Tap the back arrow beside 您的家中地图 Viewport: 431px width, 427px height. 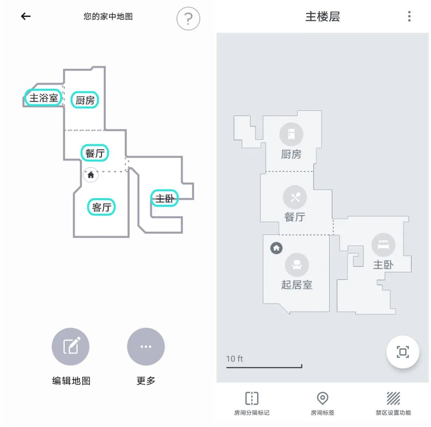[26, 16]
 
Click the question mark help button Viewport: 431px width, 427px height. [188, 18]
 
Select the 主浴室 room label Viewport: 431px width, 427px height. [43, 98]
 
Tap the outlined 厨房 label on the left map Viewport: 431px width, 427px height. [85, 100]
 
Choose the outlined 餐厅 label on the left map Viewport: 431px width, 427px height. [95, 153]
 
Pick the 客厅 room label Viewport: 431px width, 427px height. [101, 207]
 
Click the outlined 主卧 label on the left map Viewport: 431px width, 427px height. [164, 198]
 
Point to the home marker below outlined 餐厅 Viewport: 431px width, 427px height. [91, 175]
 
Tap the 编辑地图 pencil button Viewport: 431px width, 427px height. [71, 346]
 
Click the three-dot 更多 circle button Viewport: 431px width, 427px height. [146, 346]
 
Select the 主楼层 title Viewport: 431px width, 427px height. [322, 17]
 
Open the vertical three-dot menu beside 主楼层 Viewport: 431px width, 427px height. [409, 16]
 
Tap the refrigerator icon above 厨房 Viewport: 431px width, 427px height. [291, 134]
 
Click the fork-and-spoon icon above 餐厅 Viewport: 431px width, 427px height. [295, 197]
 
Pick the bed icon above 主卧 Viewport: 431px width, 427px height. [383, 245]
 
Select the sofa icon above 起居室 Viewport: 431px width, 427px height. [297, 265]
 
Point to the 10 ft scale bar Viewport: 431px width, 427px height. [264, 366]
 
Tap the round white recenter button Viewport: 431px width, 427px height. [402, 352]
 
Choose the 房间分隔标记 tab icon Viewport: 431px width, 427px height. [252, 398]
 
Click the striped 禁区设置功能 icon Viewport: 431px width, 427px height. [393, 398]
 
